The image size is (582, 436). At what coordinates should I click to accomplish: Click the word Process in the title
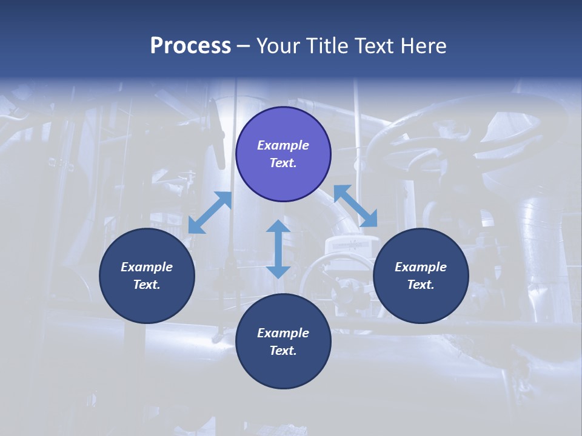(x=190, y=45)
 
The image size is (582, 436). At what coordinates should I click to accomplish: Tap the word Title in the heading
(x=327, y=45)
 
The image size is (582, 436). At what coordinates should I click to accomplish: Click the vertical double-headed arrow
(x=278, y=249)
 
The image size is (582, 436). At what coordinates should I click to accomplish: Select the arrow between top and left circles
(x=210, y=213)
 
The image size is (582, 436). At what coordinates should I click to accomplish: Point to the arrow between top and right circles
(x=355, y=206)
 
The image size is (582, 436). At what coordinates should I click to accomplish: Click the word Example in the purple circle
(x=283, y=145)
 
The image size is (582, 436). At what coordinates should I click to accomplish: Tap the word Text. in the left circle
(x=147, y=285)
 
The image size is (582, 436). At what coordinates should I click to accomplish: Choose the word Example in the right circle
(x=421, y=267)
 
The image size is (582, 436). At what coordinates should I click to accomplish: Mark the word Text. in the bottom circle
(x=283, y=351)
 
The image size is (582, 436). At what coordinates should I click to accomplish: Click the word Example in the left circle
(x=147, y=267)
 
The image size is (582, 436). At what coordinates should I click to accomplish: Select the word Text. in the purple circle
(x=283, y=163)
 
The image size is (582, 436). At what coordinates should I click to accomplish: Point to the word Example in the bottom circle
(x=283, y=333)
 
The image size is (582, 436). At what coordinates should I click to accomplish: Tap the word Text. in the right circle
(x=421, y=285)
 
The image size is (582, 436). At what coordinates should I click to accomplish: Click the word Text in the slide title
(x=376, y=45)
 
